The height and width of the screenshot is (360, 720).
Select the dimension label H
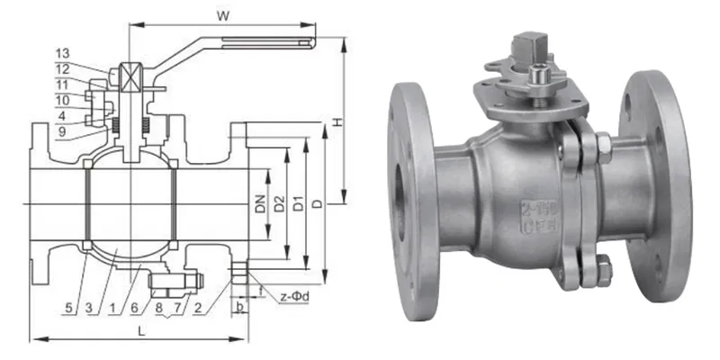point(336,121)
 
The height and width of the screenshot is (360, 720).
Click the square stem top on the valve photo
point(525,45)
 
